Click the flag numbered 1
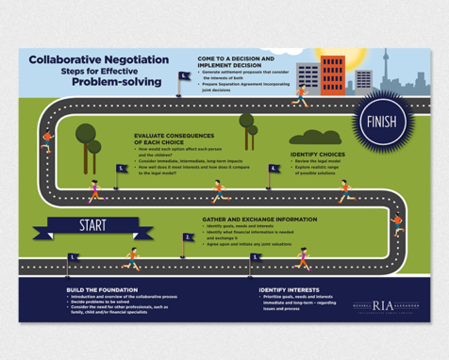tap(72, 257)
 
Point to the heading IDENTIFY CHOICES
tap(317, 154)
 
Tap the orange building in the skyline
tap(333, 74)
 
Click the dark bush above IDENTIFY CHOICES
tap(315, 138)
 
